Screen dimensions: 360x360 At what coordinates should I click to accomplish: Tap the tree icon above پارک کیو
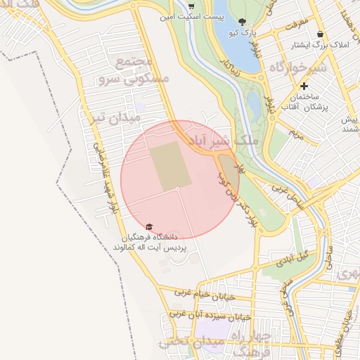243,22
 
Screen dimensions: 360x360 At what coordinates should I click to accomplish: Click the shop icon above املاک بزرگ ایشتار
321,34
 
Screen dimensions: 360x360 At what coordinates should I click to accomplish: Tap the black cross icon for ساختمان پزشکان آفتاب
304,85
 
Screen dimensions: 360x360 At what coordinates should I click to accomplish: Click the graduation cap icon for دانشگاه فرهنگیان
148,226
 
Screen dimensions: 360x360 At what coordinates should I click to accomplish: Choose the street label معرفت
297,24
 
